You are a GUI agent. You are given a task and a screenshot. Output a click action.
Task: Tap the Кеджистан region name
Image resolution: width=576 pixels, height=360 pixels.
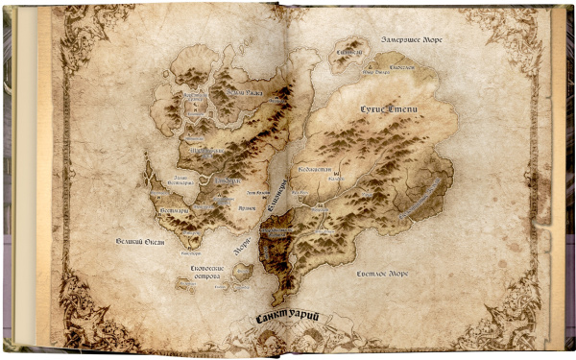pos(314,169)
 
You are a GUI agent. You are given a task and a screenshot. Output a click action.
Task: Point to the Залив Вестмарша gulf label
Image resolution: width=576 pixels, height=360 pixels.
pos(168,180)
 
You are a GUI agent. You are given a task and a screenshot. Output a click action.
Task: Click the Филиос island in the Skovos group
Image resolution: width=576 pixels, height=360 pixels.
pos(241,273)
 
